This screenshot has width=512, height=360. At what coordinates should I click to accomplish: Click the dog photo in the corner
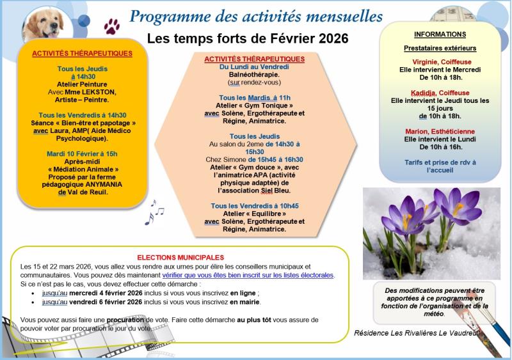pyautogui.click(x=46, y=22)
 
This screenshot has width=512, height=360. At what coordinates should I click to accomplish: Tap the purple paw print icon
pyautogui.click(x=112, y=26)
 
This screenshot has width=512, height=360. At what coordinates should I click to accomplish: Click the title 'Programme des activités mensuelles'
pyautogui.click(x=256, y=15)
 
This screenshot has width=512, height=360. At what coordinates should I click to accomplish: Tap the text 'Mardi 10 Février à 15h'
pyautogui.click(x=82, y=153)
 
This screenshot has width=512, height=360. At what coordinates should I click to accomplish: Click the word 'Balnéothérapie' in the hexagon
pyautogui.click(x=254, y=74)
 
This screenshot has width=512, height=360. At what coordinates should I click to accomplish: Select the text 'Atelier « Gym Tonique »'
pyautogui.click(x=254, y=105)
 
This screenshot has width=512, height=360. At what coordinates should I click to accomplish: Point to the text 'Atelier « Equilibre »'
pyautogui.click(x=254, y=214)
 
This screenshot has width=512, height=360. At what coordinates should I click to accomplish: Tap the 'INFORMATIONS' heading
pyautogui.click(x=440, y=35)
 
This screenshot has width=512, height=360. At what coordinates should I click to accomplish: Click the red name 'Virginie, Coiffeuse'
pyautogui.click(x=440, y=62)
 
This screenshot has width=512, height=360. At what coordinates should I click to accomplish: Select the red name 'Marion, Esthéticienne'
pyautogui.click(x=440, y=131)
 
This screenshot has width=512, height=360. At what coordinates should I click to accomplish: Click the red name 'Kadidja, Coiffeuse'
pyautogui.click(x=440, y=93)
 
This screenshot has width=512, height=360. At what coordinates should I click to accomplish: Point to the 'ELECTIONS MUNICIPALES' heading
pyautogui.click(x=180, y=256)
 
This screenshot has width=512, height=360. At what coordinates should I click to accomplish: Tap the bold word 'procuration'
pyautogui.click(x=124, y=319)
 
